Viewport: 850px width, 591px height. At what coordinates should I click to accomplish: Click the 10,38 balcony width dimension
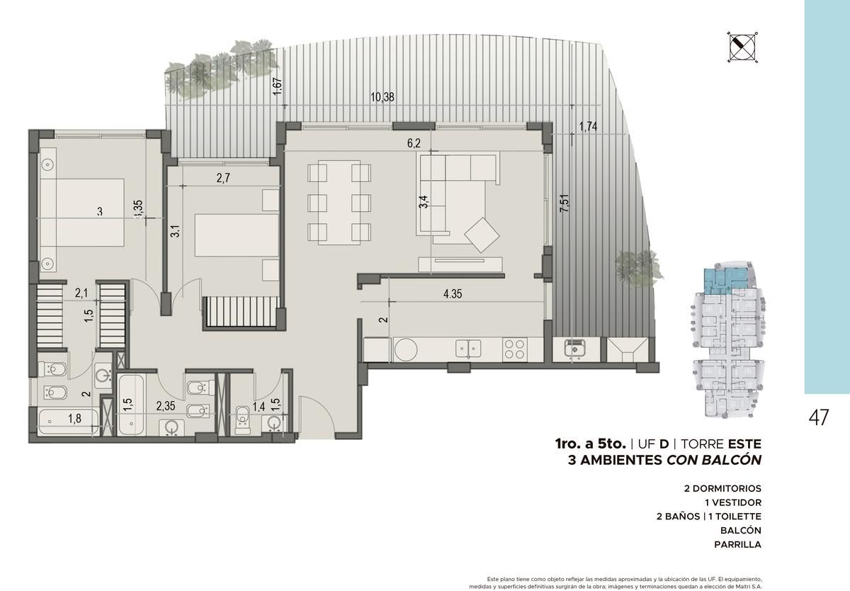point(382,97)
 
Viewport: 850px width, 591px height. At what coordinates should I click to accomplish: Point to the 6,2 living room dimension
point(414,143)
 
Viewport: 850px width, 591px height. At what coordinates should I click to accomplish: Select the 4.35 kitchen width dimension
point(453,294)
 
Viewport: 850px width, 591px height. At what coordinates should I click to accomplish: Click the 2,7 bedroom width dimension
point(223,178)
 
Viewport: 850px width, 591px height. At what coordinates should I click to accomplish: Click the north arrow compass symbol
point(742,47)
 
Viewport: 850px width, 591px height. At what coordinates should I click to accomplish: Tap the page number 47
point(819,418)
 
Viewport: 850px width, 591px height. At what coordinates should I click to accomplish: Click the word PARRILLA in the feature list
point(737,544)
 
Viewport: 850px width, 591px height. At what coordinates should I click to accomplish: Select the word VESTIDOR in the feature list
point(732,502)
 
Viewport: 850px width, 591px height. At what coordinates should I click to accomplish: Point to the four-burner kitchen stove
point(514,349)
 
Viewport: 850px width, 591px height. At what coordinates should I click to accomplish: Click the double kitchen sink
point(468,349)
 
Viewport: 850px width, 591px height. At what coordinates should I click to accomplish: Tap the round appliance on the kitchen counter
point(406,349)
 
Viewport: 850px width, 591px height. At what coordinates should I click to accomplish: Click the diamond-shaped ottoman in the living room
point(482,235)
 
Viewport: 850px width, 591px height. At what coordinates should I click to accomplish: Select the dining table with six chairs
point(339,202)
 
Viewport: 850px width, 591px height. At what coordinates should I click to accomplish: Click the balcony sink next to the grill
point(575,348)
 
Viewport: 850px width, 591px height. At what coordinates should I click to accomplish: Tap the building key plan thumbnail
point(726,339)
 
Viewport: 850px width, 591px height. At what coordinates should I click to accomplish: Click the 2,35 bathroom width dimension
point(166,406)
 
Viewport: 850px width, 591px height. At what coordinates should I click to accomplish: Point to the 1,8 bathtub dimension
point(74,419)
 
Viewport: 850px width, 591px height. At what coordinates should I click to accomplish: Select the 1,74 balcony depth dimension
point(588,126)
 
